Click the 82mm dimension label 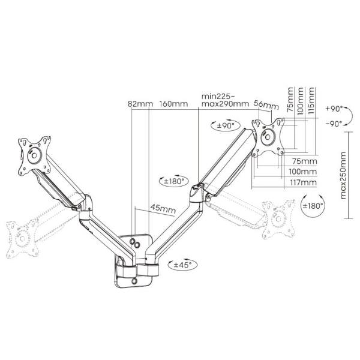[140, 104]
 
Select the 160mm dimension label [173, 104]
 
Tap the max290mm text [225, 104]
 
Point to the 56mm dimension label [266, 105]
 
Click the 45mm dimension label [163, 209]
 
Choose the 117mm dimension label [303, 183]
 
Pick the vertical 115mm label [311, 101]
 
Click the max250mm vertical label [343, 175]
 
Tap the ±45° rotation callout [182, 265]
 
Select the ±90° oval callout [226, 125]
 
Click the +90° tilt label [334, 109]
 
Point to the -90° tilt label [334, 124]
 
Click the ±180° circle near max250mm [313, 206]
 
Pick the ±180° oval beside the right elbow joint [174, 181]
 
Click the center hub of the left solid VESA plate [34, 155]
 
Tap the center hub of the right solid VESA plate [268, 137]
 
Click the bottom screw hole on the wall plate [134, 281]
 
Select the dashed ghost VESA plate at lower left [23, 239]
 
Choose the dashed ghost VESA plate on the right [279, 219]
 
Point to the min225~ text [218, 96]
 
